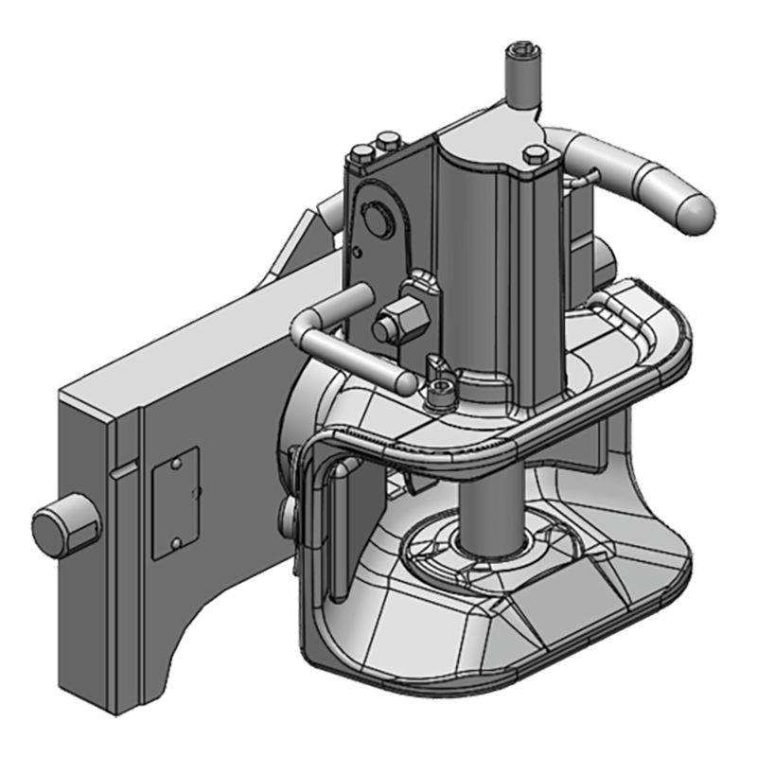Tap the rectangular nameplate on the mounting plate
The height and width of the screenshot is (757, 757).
(x=176, y=501)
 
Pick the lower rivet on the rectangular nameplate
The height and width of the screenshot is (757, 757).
(x=176, y=541)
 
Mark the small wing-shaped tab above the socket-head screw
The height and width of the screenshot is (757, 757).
(x=438, y=364)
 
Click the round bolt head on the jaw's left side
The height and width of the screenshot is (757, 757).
(x=289, y=516)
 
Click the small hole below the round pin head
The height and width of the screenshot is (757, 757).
(x=359, y=252)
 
